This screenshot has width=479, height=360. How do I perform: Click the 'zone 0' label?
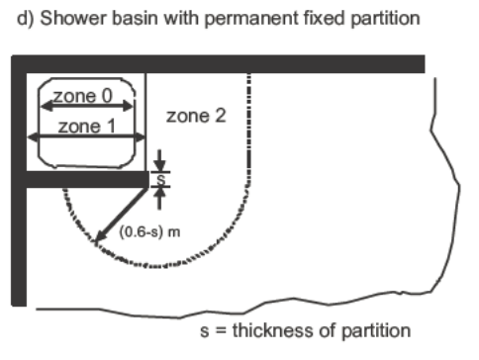point(83,96)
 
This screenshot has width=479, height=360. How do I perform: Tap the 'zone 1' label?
point(87,127)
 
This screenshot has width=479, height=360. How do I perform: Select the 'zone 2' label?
point(196,116)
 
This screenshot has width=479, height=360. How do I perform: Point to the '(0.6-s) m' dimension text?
point(149,231)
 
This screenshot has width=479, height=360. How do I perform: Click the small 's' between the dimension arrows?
point(160,180)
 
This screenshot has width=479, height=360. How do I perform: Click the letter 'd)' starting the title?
point(26,19)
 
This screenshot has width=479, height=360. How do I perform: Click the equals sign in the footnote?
point(221,331)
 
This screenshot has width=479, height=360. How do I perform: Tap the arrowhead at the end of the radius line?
point(100,238)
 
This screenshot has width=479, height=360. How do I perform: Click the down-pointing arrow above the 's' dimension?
point(159,160)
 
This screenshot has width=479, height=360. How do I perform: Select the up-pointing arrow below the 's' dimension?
point(160,198)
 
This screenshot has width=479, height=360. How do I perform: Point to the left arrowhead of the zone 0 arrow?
point(47,106)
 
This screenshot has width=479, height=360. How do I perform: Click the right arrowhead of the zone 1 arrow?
point(140,136)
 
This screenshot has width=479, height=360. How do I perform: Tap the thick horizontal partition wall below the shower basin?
point(87,180)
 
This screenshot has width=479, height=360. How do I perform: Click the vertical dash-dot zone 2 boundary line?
point(249,129)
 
